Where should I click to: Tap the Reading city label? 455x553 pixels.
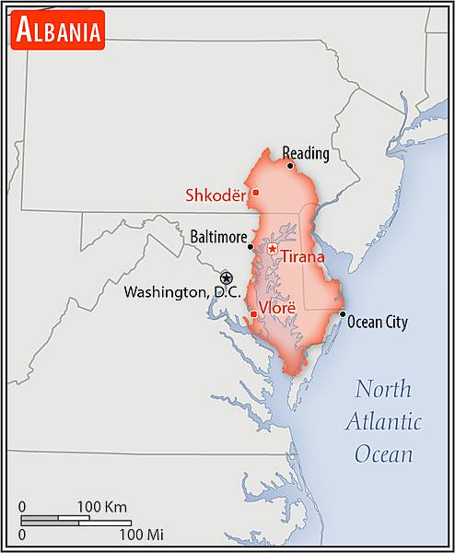click(305, 153)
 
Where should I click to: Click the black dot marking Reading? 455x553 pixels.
click(290, 166)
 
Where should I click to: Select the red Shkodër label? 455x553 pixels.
click(217, 194)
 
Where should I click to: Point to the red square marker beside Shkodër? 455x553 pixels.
click(255, 192)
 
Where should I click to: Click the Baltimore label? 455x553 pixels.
click(218, 237)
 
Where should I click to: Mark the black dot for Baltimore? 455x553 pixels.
click(251, 246)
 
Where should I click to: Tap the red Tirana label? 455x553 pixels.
click(302, 257)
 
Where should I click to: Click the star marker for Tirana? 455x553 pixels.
click(272, 248)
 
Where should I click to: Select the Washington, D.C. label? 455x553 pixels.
click(182, 292)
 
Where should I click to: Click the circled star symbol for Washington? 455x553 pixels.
click(227, 277)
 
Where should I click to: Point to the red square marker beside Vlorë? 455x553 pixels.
click(253, 314)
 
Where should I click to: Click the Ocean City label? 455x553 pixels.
click(379, 323)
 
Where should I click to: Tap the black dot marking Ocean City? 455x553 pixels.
click(343, 314)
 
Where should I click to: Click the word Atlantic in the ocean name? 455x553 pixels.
click(384, 422)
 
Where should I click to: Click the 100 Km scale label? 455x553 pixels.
click(101, 506)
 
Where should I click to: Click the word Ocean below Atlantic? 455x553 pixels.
click(383, 454)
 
